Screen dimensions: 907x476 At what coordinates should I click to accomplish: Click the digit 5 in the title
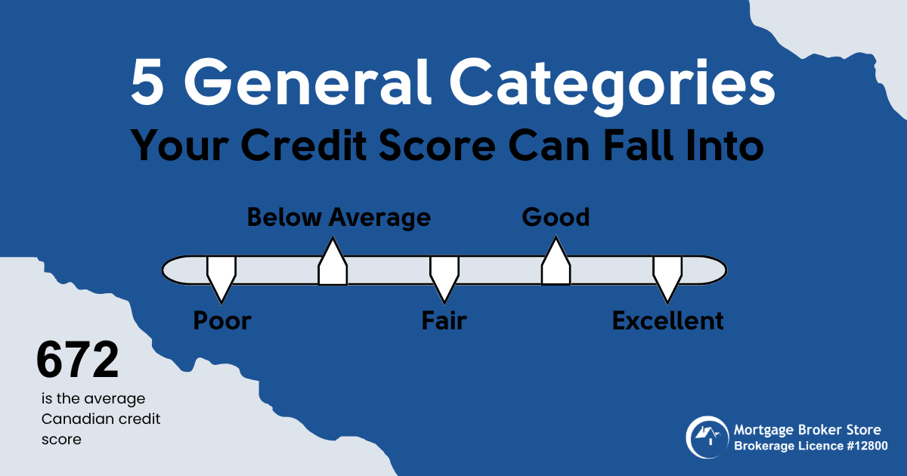click(147, 82)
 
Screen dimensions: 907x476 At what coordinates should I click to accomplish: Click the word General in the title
click(308, 82)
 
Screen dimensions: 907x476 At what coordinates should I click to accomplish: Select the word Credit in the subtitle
click(304, 145)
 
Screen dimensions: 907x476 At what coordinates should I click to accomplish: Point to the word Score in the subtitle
click(437, 145)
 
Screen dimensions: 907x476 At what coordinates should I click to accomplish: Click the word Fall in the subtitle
click(636, 144)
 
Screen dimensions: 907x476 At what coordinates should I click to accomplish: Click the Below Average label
click(339, 218)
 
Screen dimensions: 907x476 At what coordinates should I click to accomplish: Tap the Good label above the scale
click(556, 218)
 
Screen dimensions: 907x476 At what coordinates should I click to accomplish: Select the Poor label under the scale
click(222, 321)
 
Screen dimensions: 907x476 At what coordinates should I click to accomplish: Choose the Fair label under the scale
click(444, 321)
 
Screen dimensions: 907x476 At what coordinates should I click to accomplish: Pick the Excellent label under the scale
click(667, 321)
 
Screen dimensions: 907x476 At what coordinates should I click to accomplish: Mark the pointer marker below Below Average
click(333, 261)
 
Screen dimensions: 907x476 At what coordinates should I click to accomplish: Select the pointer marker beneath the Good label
click(556, 261)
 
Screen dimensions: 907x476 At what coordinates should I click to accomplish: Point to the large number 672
click(77, 360)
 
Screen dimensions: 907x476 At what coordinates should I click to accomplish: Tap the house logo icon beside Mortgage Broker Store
click(707, 437)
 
